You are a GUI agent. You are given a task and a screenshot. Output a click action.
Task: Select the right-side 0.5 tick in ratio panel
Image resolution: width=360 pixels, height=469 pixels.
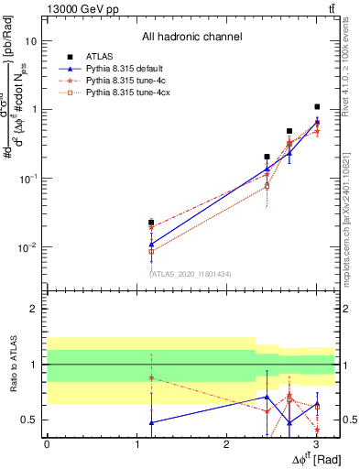coord(348,420)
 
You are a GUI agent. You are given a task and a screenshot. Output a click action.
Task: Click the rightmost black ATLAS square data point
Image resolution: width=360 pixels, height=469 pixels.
coord(317,107)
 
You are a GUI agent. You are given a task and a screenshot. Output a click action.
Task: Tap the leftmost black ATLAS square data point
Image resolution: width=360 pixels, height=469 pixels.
coord(151,223)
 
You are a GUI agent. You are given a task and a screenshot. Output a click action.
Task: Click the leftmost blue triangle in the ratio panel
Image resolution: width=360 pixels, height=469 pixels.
coord(151,422)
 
